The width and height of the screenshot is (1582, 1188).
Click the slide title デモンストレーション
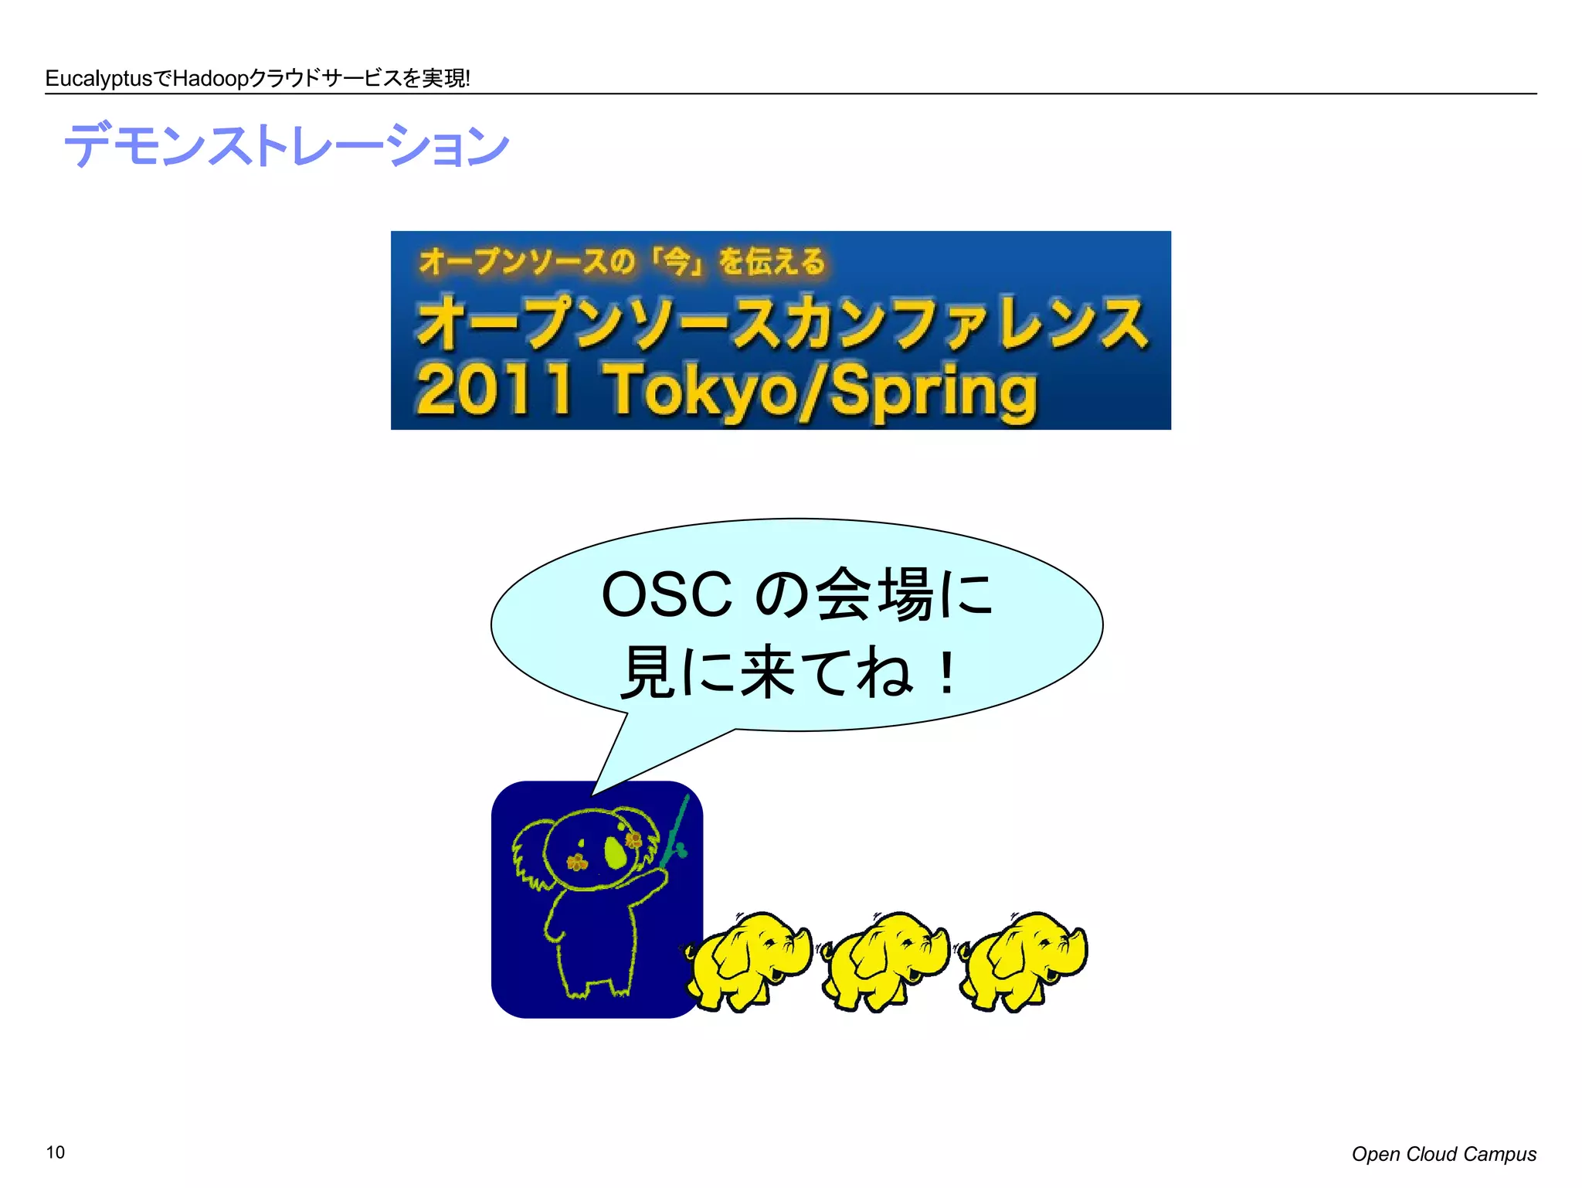click(x=286, y=145)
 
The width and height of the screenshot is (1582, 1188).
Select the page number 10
click(x=56, y=1152)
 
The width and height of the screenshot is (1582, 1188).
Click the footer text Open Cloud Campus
click(x=1443, y=1154)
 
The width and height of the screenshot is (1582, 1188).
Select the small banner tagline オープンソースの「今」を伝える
click(x=623, y=261)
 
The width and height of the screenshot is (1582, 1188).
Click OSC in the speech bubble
click(x=666, y=595)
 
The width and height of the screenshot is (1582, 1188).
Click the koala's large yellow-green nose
click(x=615, y=852)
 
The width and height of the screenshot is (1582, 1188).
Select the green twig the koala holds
click(x=675, y=835)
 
